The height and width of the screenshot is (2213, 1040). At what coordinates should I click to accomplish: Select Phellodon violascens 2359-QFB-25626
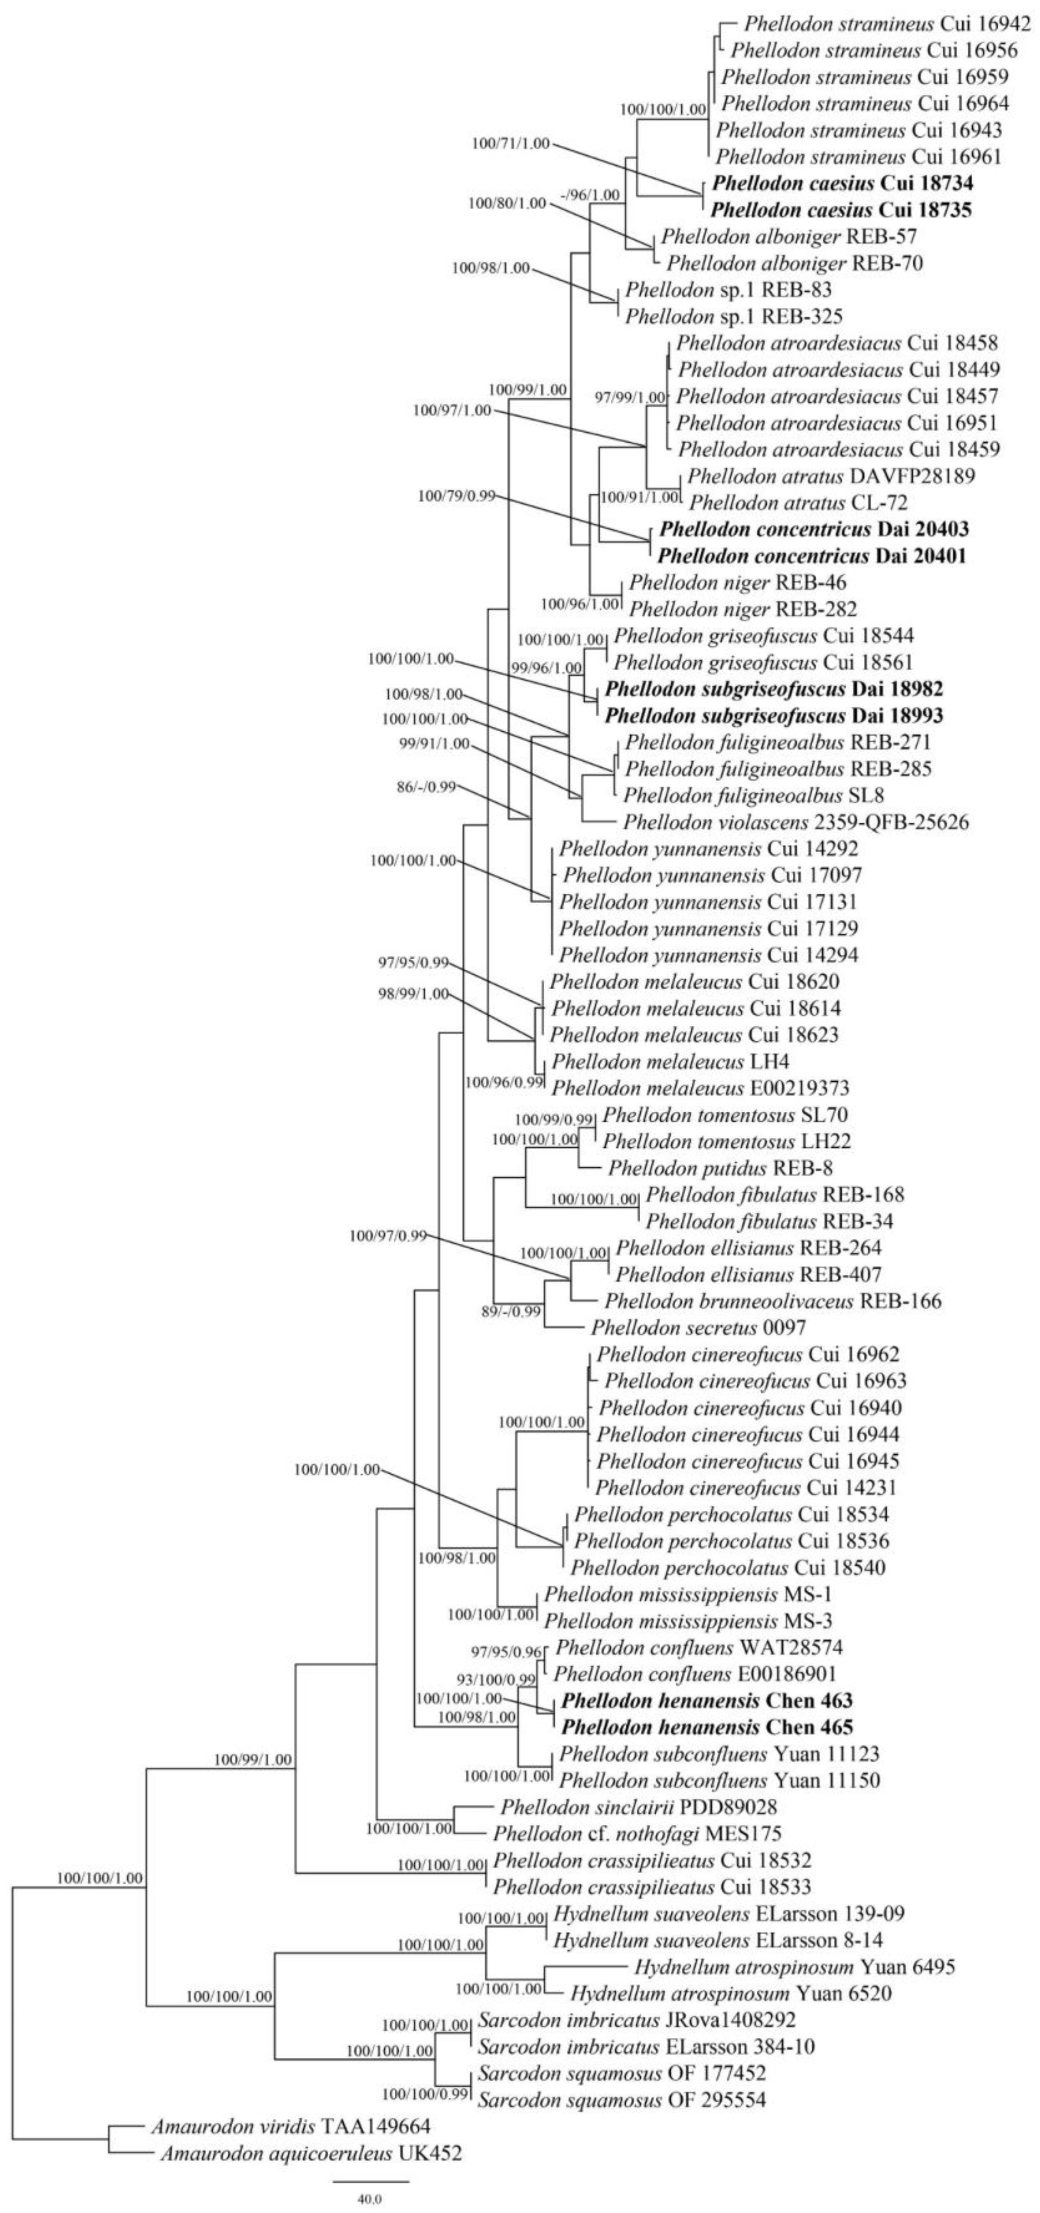click(797, 822)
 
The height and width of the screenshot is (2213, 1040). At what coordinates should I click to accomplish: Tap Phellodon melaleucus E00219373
click(701, 1088)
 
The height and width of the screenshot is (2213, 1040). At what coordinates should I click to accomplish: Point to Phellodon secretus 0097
click(698, 1327)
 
